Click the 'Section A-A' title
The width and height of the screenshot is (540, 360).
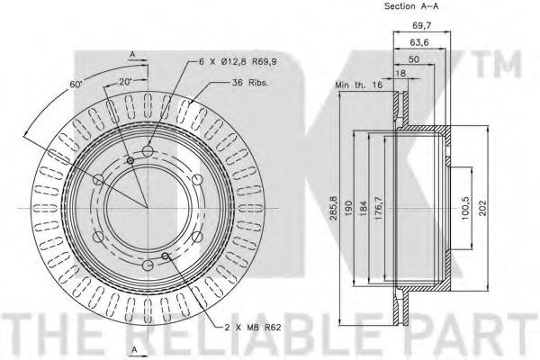coord(411,6)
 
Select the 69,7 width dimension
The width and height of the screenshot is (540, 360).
coord(422,25)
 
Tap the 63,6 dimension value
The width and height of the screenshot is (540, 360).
coord(419,42)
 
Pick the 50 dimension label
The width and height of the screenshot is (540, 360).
coord(414,59)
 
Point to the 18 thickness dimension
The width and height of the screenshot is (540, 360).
coord(400,73)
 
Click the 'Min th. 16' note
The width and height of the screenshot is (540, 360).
coord(359,85)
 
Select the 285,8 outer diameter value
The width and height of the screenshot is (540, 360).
coord(332,209)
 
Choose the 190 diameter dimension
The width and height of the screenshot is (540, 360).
coord(348,209)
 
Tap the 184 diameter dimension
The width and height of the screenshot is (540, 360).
coord(364,209)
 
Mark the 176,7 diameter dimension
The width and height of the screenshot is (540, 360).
coord(379,209)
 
